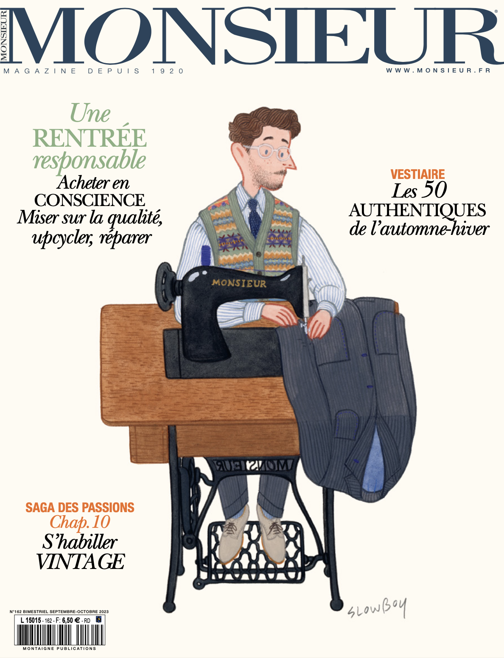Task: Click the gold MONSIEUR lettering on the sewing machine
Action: tap(239, 283)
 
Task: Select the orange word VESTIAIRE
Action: tap(418, 174)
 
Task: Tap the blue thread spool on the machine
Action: tap(207, 256)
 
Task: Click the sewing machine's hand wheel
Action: tap(165, 287)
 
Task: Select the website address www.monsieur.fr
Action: tap(438, 70)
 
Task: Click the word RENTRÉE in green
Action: tap(90, 138)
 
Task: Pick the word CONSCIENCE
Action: tap(90, 200)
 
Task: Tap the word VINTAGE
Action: tap(81, 562)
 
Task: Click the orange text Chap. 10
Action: tap(80, 522)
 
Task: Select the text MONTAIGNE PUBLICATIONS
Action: tap(60, 649)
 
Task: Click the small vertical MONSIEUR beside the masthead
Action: tap(4, 36)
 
